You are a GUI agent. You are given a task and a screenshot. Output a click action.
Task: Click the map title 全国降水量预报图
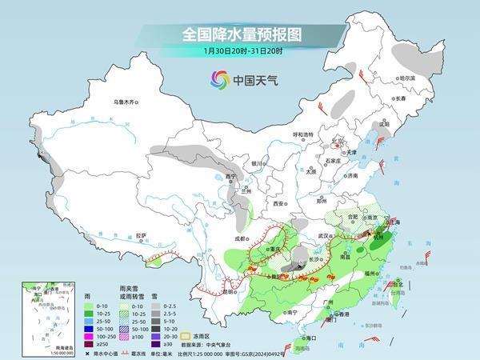[240, 34]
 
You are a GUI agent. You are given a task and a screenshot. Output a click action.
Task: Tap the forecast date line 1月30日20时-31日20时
[240, 53]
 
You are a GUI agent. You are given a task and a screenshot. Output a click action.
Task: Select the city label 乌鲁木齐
[126, 102]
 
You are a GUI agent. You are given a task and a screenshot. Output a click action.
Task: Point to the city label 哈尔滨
[408, 78]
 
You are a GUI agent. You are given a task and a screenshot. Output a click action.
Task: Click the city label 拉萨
[141, 235]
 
